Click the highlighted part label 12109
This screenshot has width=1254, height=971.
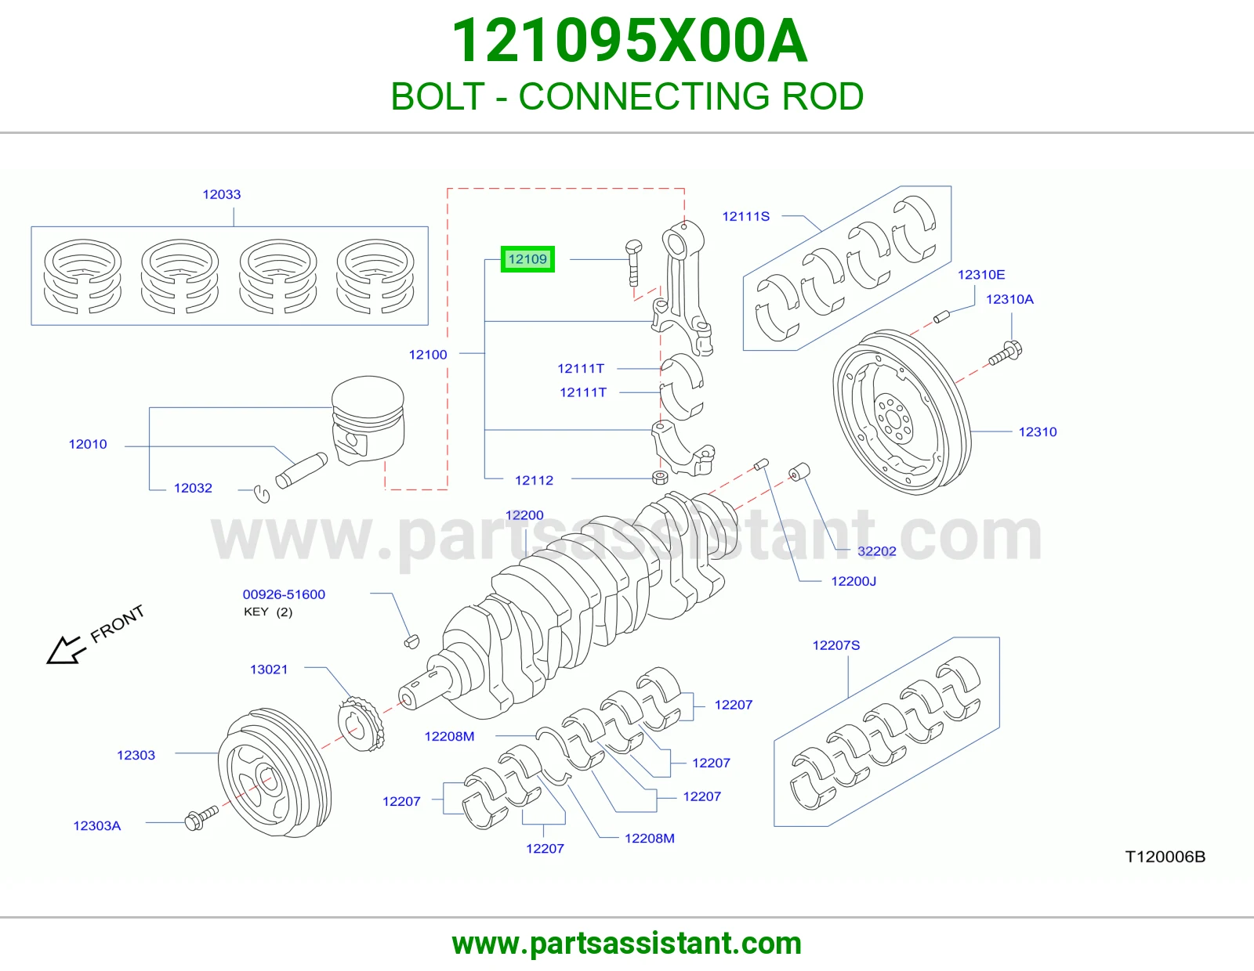(527, 259)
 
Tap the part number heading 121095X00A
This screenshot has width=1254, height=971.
(629, 41)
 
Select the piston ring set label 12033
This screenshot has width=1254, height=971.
(222, 194)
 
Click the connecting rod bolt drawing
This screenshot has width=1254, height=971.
(633, 262)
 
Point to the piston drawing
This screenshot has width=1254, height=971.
(368, 419)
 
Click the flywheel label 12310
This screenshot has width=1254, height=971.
(1037, 432)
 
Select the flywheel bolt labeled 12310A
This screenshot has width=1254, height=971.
(1006, 354)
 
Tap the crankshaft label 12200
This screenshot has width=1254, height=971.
(524, 515)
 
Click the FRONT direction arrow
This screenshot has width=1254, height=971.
(64, 651)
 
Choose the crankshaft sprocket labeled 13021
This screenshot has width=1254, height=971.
(361, 724)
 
